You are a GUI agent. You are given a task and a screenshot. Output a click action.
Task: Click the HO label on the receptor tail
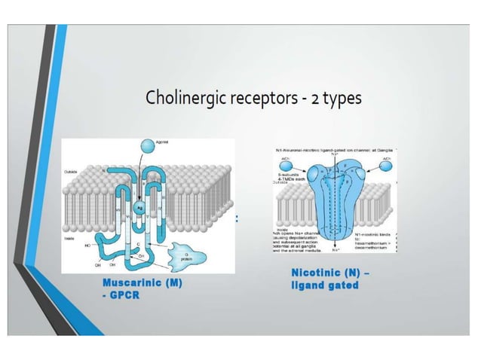(90, 245)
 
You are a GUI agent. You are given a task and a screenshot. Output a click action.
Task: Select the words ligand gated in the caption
(324, 285)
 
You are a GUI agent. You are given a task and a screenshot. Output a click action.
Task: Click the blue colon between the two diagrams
(237, 218)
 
